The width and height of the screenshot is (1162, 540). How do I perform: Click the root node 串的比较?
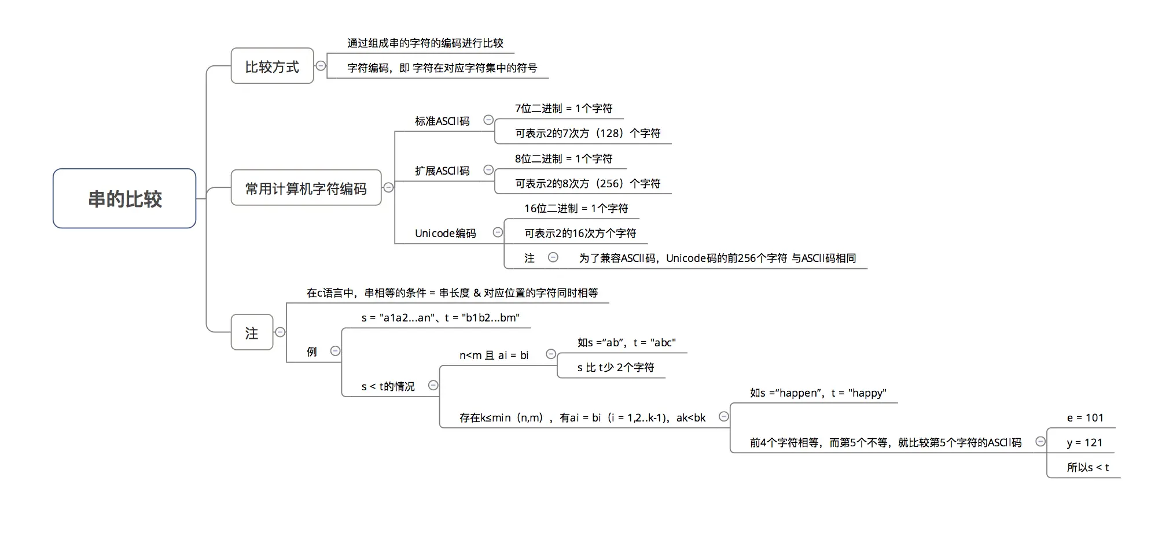[x=124, y=199]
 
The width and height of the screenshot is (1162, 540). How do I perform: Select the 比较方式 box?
[x=272, y=66]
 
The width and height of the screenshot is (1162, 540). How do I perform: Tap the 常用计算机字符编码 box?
[x=306, y=188]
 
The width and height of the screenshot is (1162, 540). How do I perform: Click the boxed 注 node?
[x=252, y=333]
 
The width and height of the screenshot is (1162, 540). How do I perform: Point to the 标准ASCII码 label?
[x=442, y=121]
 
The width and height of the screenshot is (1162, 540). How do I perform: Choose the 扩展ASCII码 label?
[x=442, y=171]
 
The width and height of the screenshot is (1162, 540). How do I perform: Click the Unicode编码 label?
[x=445, y=233]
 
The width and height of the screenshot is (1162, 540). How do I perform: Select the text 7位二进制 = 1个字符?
[x=564, y=108]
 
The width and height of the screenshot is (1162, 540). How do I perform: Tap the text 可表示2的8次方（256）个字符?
[x=587, y=183]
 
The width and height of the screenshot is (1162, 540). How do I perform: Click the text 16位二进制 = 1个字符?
[x=576, y=208]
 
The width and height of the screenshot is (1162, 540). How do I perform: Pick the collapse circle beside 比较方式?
[x=321, y=66]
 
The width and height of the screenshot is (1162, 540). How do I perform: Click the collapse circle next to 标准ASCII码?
[x=488, y=120]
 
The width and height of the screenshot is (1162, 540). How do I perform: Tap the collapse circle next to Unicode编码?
[x=498, y=232]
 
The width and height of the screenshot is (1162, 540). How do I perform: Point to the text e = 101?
[x=1085, y=417]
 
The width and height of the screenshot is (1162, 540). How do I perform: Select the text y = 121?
[x=1084, y=442]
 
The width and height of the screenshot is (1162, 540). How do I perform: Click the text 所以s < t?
[x=1088, y=467]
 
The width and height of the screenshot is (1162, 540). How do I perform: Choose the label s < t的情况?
[x=388, y=386]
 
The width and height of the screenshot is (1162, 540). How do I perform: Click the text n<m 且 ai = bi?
[x=494, y=355]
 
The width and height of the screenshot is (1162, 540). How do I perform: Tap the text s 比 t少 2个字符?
[x=616, y=367]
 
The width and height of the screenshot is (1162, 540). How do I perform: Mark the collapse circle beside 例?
[x=335, y=351]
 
